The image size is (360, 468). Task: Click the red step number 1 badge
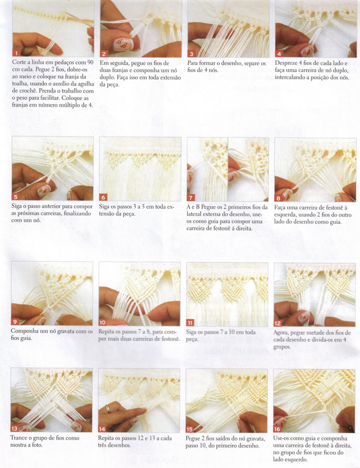16,53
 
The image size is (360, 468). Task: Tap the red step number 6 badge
103,197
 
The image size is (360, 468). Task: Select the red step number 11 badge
190,323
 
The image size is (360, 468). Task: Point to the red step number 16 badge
277,429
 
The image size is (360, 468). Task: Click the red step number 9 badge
15,322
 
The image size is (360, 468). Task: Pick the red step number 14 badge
102,429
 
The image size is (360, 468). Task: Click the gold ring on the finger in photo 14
108,409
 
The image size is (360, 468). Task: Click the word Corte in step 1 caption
18,62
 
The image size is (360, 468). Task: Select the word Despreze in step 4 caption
286,63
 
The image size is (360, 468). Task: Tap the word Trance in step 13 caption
18,438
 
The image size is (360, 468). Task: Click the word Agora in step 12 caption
281,333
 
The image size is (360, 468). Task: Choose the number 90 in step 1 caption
90,62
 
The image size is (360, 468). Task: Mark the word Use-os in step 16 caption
281,438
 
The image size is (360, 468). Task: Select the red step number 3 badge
191,54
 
